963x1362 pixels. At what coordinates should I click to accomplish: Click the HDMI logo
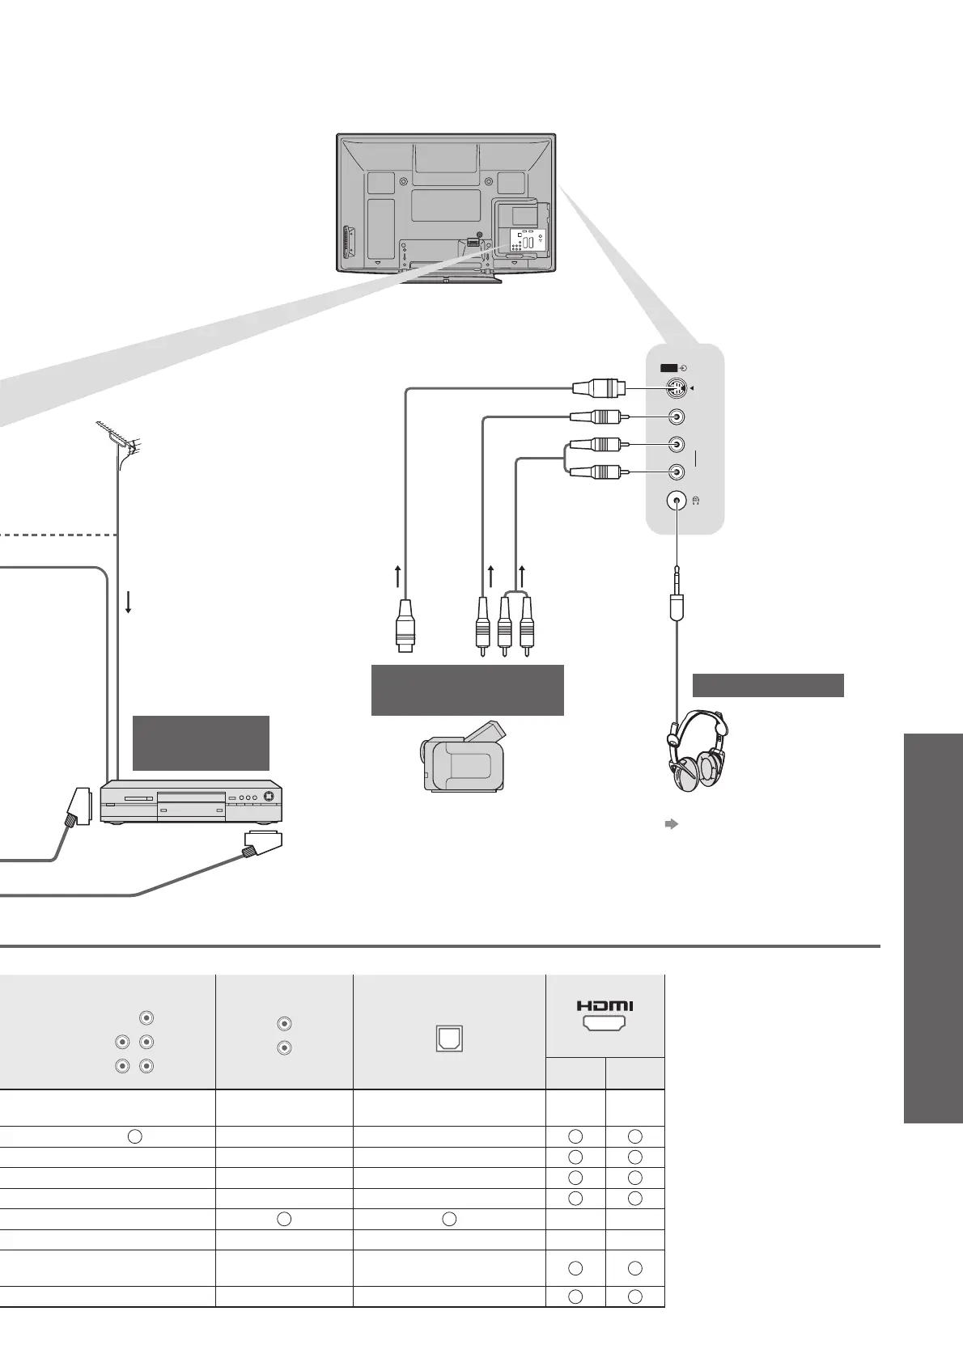[x=605, y=1005]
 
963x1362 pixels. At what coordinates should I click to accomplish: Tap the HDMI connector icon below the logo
[x=605, y=1025]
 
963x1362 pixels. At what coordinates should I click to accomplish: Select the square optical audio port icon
[x=448, y=1038]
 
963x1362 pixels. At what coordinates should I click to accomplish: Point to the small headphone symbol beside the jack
[x=697, y=501]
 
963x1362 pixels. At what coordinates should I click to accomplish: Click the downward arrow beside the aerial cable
[x=129, y=601]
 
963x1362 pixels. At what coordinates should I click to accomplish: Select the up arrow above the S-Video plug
[x=397, y=577]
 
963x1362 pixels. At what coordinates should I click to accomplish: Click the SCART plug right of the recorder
[x=261, y=844]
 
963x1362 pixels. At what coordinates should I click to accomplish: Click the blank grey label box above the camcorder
[x=467, y=690]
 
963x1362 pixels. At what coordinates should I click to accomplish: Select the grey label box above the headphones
[x=768, y=685]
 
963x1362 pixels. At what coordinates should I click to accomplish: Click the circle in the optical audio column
[x=449, y=1219]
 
